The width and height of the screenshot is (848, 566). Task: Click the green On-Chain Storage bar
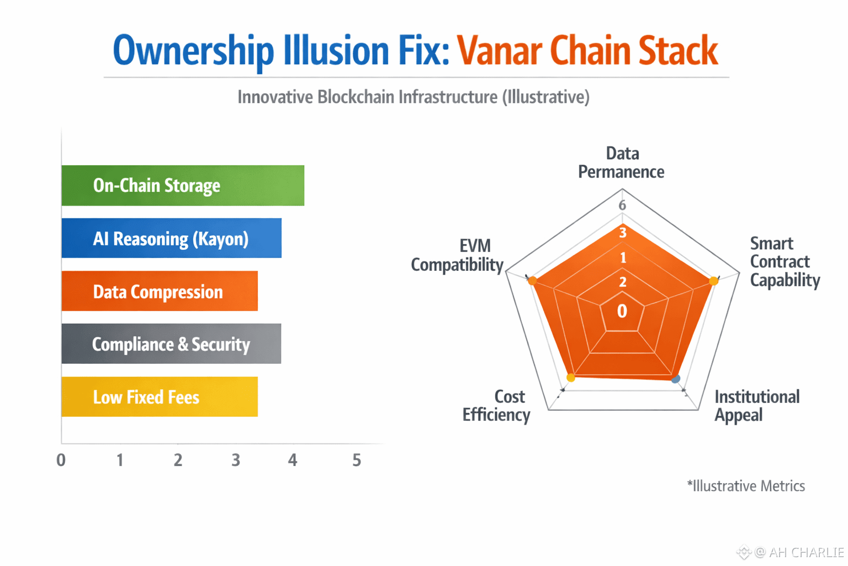click(x=182, y=186)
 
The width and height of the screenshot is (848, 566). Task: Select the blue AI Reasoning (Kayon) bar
click(x=171, y=238)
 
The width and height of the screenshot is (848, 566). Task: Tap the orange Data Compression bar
click(x=159, y=291)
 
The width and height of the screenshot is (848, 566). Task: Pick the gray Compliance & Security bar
click(x=171, y=344)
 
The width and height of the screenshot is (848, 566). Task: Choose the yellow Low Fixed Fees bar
click(x=159, y=397)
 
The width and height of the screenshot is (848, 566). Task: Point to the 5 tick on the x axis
click(x=357, y=460)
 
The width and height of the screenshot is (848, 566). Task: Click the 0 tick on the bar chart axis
click(x=61, y=460)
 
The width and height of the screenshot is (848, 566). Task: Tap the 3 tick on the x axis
click(x=236, y=460)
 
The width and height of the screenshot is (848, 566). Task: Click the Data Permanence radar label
click(x=622, y=163)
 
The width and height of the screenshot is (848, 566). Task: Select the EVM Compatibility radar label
click(x=457, y=255)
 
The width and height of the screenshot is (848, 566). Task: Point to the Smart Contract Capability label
click(x=785, y=261)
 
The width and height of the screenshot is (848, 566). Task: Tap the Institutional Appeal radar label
click(x=756, y=405)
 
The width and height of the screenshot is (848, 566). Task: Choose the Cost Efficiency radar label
click(x=496, y=405)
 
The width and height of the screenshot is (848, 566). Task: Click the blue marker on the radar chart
click(x=676, y=379)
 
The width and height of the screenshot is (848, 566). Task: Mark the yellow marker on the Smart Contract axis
click(x=713, y=281)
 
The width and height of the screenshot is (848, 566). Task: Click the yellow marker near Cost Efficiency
click(x=571, y=378)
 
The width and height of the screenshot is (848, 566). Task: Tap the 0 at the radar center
click(x=622, y=311)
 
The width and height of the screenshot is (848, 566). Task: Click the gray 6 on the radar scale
click(x=622, y=206)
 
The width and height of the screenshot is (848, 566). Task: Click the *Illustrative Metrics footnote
click(x=746, y=486)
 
